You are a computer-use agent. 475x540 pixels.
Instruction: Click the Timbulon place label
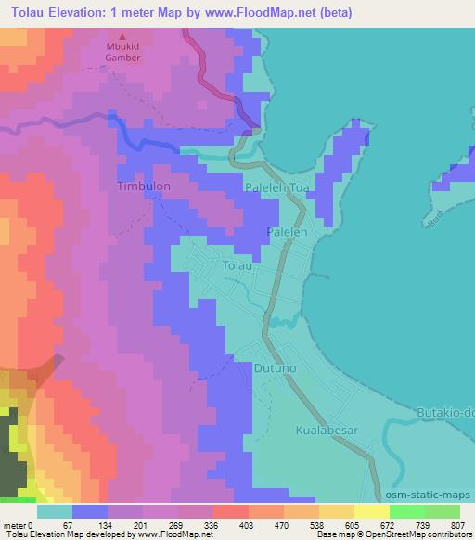(144, 186)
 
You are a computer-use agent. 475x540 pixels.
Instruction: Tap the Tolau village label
(237, 266)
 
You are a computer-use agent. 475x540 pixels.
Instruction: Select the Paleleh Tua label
(276, 187)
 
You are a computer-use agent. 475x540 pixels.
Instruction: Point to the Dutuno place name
(273, 368)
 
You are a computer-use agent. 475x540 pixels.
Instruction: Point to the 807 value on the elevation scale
(460, 526)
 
